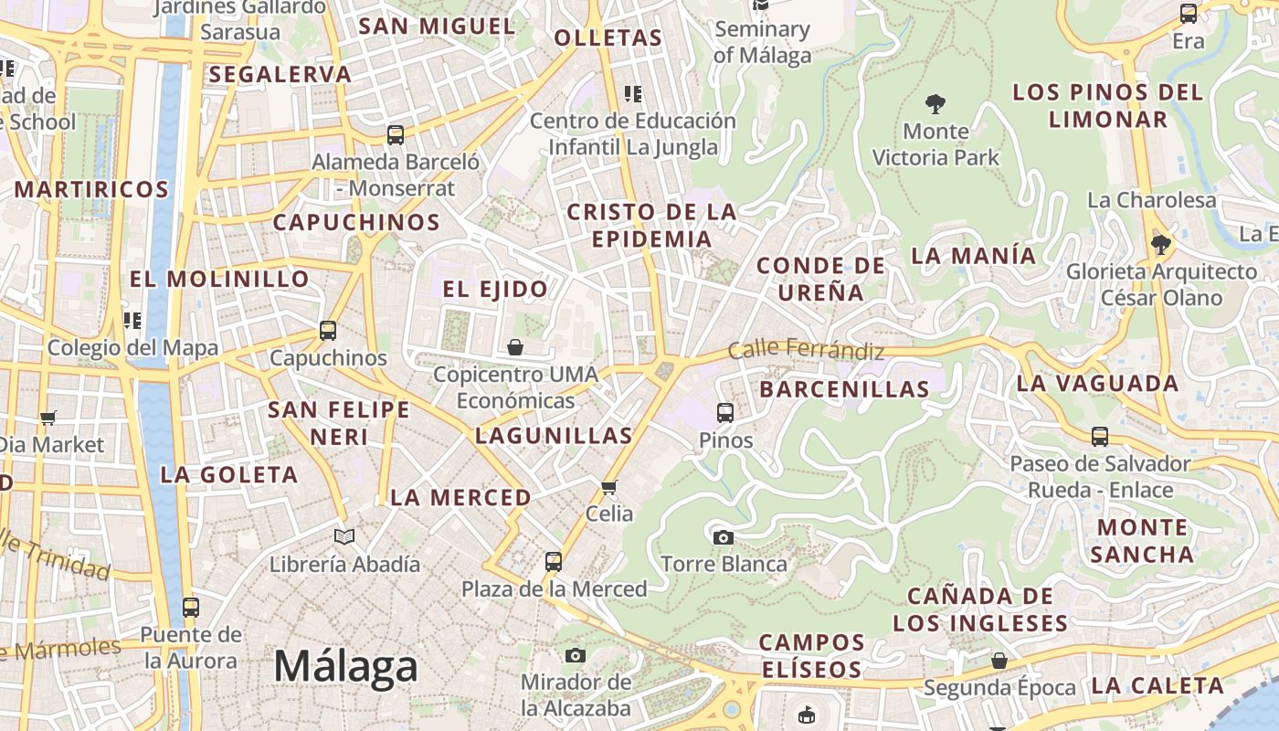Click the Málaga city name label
click(345, 666)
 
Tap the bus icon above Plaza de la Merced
click(554, 561)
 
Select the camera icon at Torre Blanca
click(723, 537)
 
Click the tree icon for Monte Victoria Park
click(935, 103)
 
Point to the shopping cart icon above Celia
click(609, 487)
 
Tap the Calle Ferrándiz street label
click(806, 350)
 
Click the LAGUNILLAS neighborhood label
click(554, 436)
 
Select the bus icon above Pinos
click(725, 413)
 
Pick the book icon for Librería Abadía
click(344, 537)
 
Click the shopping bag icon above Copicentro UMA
click(515, 347)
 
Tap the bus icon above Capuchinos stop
click(328, 331)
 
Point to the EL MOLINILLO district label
click(219, 279)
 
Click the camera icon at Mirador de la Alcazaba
click(576, 655)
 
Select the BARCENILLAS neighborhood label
click(844, 389)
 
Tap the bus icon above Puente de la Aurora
click(191, 607)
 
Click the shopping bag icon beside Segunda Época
click(999, 661)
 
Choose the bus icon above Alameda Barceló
click(396, 135)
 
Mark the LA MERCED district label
click(460, 498)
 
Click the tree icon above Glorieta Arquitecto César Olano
click(1160, 244)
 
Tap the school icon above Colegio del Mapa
click(132, 320)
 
